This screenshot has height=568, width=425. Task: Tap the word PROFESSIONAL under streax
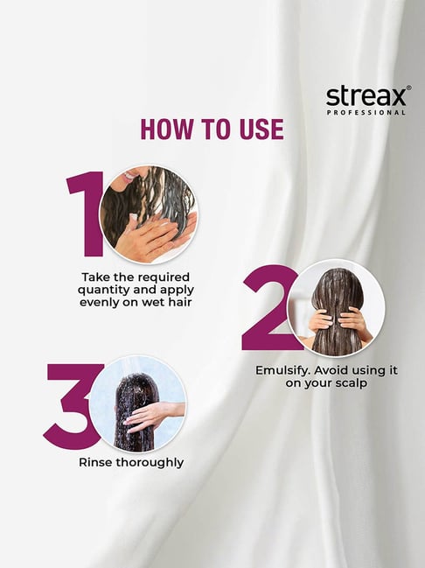[x=366, y=112]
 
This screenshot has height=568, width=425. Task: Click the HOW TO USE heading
[x=212, y=130]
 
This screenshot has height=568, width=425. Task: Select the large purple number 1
[x=86, y=214]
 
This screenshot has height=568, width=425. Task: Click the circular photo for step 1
[x=149, y=214]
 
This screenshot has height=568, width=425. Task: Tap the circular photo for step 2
[x=336, y=308]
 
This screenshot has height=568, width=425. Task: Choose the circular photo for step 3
[x=137, y=404]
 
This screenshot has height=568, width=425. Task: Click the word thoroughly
[x=150, y=462]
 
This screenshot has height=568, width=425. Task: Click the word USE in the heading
[x=259, y=130]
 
